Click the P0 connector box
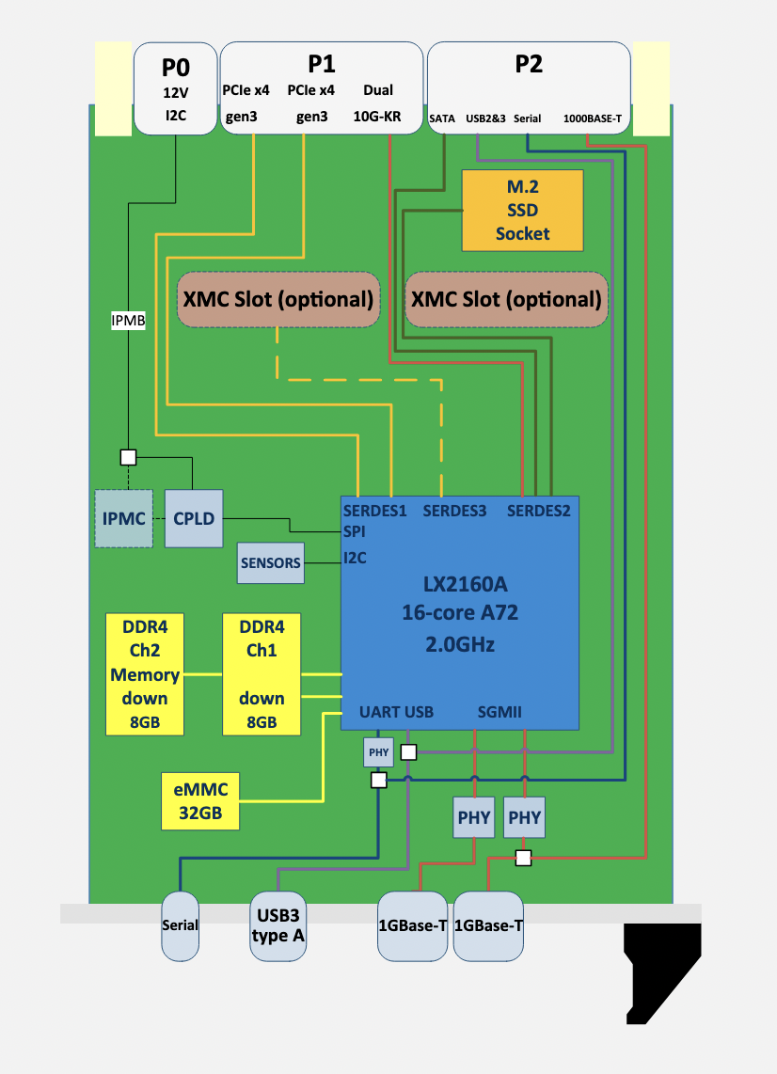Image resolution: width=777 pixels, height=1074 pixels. pyautogui.click(x=176, y=88)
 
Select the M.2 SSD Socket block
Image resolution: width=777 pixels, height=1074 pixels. pyautogui.click(x=522, y=210)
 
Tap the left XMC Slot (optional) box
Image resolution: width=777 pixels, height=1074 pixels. pyautogui.click(x=277, y=300)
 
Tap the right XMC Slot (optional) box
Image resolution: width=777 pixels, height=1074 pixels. pyautogui.click(x=506, y=300)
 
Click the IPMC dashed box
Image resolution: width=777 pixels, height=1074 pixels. pyautogui.click(x=123, y=518)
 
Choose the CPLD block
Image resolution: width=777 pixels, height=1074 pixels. pyautogui.click(x=194, y=518)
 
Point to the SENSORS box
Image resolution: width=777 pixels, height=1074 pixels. pyautogui.click(x=271, y=563)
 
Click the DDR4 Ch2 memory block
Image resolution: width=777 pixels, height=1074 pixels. pyautogui.click(x=145, y=673)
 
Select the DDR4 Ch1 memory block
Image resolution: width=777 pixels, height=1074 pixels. pyautogui.click(x=262, y=673)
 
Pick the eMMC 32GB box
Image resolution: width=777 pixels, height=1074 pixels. pyautogui.click(x=200, y=799)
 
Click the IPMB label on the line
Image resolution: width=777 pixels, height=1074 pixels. pyautogui.click(x=129, y=321)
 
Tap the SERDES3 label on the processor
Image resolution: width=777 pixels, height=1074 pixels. pyautogui.click(x=454, y=512)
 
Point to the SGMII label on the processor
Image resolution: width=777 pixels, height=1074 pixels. pyautogui.click(x=499, y=712)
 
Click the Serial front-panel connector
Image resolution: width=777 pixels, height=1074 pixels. pyautogui.click(x=180, y=925)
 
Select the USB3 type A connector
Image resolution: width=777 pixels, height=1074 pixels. pyautogui.click(x=278, y=925)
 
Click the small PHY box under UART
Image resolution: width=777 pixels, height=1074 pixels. pyautogui.click(x=379, y=752)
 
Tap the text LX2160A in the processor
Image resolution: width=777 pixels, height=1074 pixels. pyautogui.click(x=458, y=587)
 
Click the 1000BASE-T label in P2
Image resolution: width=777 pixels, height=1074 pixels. pyautogui.click(x=593, y=119)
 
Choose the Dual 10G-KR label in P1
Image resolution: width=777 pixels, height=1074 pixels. pyautogui.click(x=378, y=103)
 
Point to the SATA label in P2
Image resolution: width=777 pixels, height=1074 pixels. pyautogui.click(x=442, y=119)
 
